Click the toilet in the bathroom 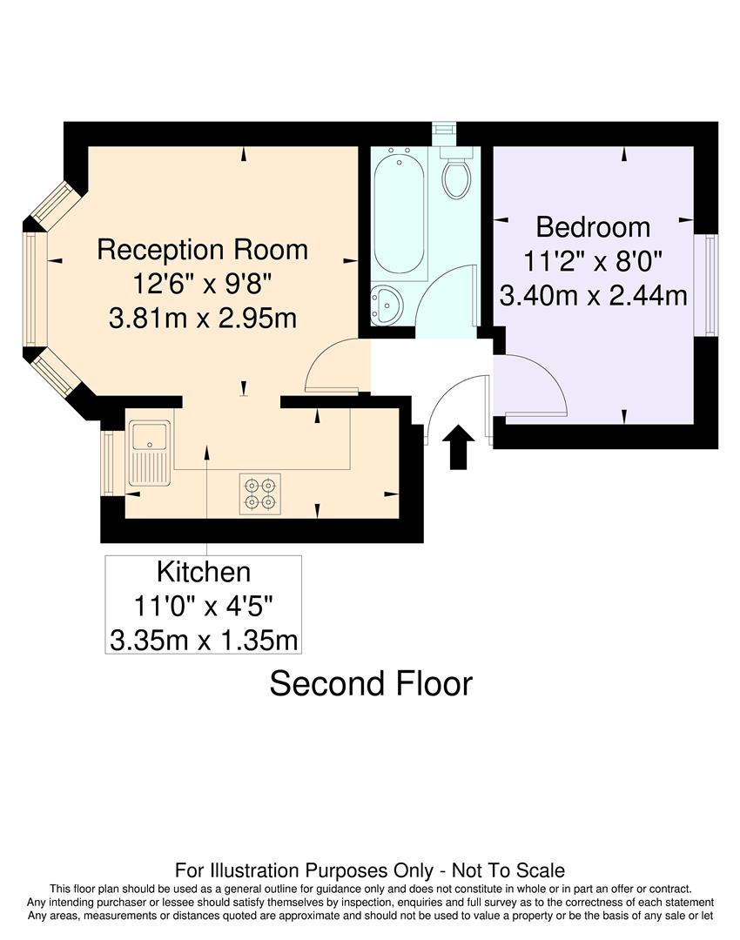457,175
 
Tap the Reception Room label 203,250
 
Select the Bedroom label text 593,227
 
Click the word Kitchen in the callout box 204,573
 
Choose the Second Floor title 371,683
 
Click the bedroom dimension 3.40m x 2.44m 593,296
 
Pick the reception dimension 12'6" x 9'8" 203,284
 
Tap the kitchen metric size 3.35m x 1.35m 204,641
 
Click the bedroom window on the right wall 710,285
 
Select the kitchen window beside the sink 109,462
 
